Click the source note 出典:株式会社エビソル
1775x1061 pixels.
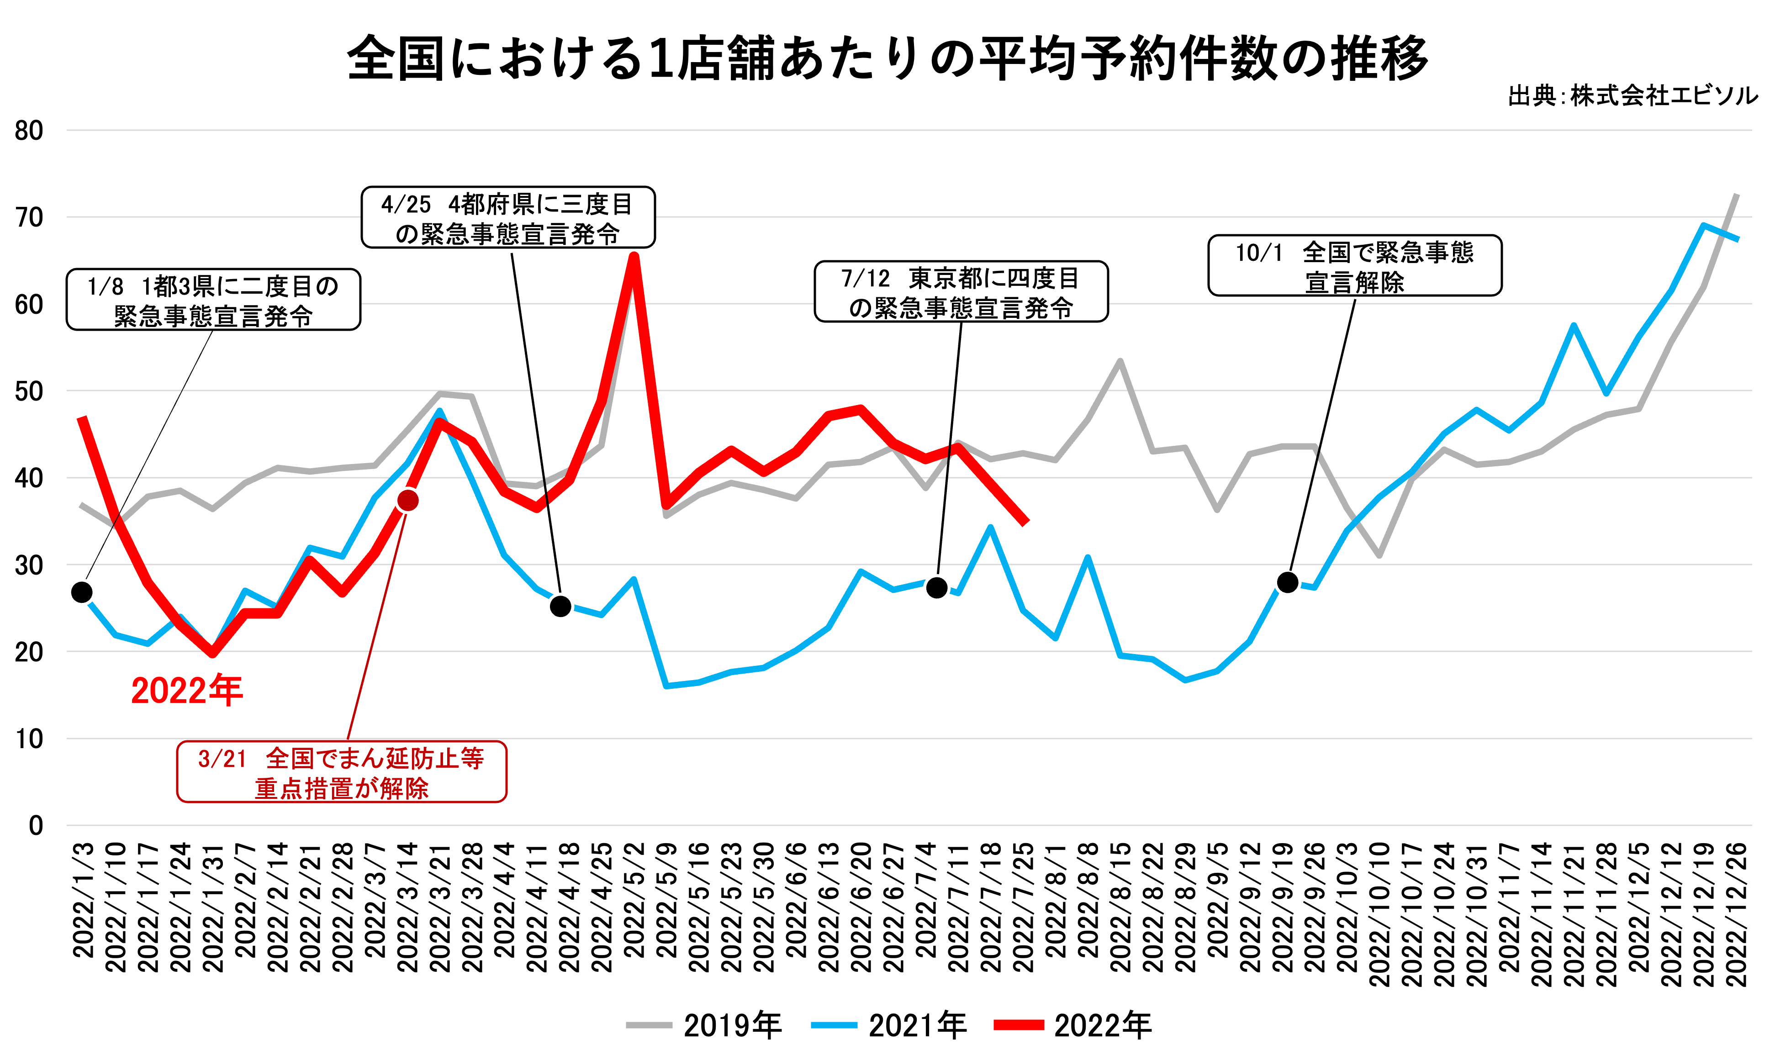(x=1632, y=96)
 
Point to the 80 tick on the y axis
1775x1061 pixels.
(x=29, y=131)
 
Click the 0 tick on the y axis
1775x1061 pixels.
(x=35, y=826)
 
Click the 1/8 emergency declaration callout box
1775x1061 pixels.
(x=213, y=300)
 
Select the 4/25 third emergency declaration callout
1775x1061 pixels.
(x=507, y=217)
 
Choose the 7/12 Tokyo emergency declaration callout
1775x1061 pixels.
(x=961, y=292)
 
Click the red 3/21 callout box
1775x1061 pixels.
(x=342, y=772)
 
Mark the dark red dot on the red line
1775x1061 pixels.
(x=407, y=501)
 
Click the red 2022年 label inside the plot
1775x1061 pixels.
(x=187, y=691)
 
